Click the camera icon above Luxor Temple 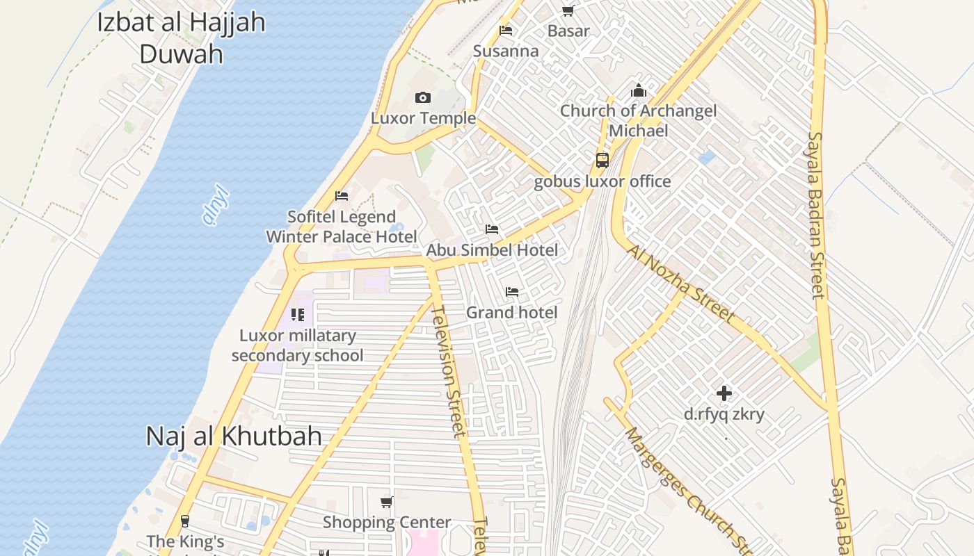pyautogui.click(x=422, y=98)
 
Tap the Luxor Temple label pyautogui.click(x=423, y=118)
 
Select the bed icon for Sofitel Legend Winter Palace pyautogui.click(x=341, y=196)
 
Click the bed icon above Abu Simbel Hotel pyautogui.click(x=492, y=229)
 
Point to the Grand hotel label pyautogui.click(x=511, y=313)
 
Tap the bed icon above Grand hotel pyautogui.click(x=512, y=292)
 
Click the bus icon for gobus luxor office pyautogui.click(x=602, y=161)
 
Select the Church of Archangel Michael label pyautogui.click(x=638, y=120)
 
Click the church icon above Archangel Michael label pyautogui.click(x=638, y=91)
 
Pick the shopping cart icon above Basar pyautogui.click(x=568, y=10)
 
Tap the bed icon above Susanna pyautogui.click(x=506, y=31)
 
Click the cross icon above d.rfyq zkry pyautogui.click(x=724, y=393)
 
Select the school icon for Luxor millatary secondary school pyautogui.click(x=298, y=315)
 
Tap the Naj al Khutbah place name pyautogui.click(x=234, y=436)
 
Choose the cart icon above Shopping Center pyautogui.click(x=387, y=502)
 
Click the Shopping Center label pyautogui.click(x=387, y=522)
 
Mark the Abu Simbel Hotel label pyautogui.click(x=492, y=250)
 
